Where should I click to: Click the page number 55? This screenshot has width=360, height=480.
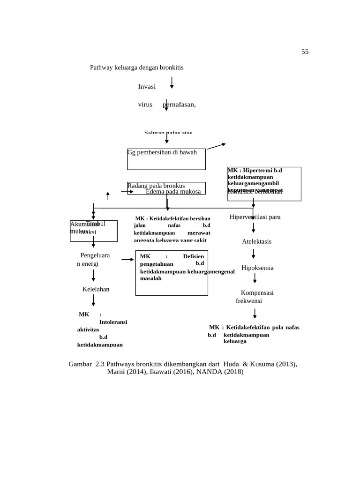[x=305, y=52]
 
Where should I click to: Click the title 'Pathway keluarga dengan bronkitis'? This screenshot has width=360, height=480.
[x=136, y=67]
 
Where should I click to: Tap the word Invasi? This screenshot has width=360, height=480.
[x=147, y=87]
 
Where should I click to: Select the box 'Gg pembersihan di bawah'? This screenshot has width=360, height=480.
[x=166, y=159]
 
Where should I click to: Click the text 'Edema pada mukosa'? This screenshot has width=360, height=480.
[x=173, y=192]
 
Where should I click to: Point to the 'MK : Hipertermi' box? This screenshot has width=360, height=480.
[x=264, y=184]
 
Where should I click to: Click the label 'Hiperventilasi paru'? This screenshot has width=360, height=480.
[x=255, y=217]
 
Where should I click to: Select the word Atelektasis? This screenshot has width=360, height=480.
[x=256, y=241]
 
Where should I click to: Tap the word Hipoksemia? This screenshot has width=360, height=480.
[x=257, y=268]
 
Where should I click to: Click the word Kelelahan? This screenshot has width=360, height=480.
[x=96, y=289]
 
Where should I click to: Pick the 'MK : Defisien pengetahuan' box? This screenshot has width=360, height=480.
[x=172, y=273]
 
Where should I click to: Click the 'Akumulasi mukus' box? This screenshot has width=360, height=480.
[x=94, y=231]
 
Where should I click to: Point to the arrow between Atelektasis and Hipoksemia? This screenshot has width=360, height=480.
[x=254, y=254]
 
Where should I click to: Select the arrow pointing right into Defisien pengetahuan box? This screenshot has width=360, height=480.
[x=127, y=259]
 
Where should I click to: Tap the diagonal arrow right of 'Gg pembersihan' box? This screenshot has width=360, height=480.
[x=216, y=146]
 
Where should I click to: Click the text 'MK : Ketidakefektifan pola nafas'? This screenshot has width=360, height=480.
[x=254, y=327]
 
